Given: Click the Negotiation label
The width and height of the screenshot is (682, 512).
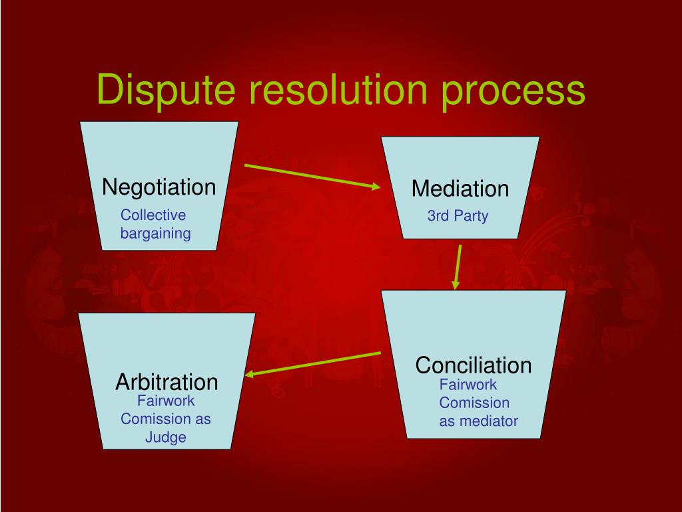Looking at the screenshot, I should click(159, 187).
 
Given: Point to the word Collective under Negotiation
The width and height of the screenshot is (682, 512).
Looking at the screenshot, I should click(153, 215).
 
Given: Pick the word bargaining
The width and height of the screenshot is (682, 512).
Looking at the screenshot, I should click(156, 233).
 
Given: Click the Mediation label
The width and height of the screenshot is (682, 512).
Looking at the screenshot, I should click(460, 189).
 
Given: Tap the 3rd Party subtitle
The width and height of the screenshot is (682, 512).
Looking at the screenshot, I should click(458, 217).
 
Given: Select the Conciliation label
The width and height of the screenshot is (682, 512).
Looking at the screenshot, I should click(474, 365).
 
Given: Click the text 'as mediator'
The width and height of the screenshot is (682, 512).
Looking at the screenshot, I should click(478, 421).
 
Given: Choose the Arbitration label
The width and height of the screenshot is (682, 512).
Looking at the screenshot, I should click(167, 382).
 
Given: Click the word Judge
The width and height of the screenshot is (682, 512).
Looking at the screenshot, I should click(166, 437).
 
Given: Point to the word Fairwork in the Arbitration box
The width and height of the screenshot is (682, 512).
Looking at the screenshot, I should click(166, 401).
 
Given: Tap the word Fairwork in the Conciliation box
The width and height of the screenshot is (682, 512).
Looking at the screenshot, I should click(468, 385).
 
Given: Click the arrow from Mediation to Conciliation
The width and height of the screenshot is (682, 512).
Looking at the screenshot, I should click(458, 267).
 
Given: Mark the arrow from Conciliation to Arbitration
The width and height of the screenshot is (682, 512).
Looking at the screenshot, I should click(313, 363).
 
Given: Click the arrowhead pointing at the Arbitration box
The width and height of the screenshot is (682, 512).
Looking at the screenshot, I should click(251, 374).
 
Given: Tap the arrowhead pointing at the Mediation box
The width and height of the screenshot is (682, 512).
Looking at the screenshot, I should click(374, 187).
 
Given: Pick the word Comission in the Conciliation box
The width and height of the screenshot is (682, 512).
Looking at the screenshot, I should click(474, 403).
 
